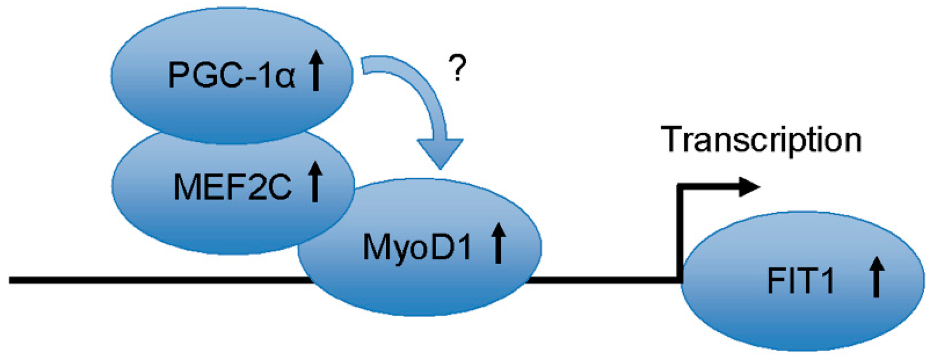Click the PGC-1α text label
(x=231, y=75)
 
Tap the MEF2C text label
(x=232, y=186)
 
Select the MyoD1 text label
(x=417, y=247)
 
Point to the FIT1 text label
(x=801, y=281)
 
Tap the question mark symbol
(x=458, y=69)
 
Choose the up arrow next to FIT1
(x=876, y=277)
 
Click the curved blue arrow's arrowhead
(x=440, y=152)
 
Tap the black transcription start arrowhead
(x=750, y=187)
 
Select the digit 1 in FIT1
(x=826, y=281)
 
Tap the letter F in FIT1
(x=776, y=281)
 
